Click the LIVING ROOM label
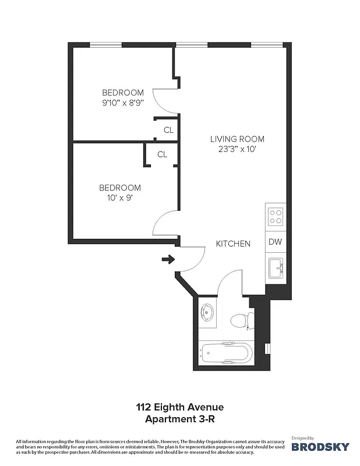click(237, 139)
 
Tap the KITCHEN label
click(233, 243)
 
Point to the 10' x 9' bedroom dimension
click(120, 198)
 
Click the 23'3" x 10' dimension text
click(237, 149)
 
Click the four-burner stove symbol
click(275, 217)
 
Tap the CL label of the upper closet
click(168, 130)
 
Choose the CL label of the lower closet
click(163, 154)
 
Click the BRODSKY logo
click(320, 446)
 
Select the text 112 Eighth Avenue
click(179, 407)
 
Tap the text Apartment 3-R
click(179, 418)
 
